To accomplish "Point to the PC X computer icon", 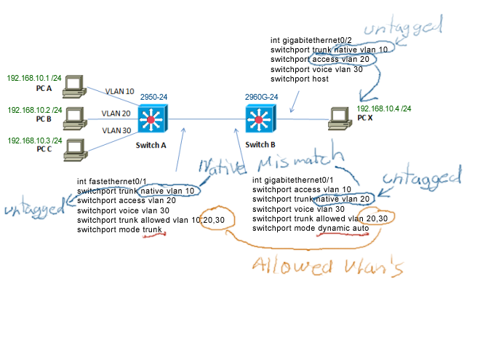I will coord(340,116).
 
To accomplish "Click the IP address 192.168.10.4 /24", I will coord(384,108).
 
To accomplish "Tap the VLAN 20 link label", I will coord(116,114).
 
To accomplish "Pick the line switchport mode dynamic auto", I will coord(311,229).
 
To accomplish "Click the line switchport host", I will coord(300,79).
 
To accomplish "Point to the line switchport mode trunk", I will coord(119,230).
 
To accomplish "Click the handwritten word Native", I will coord(219,167).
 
